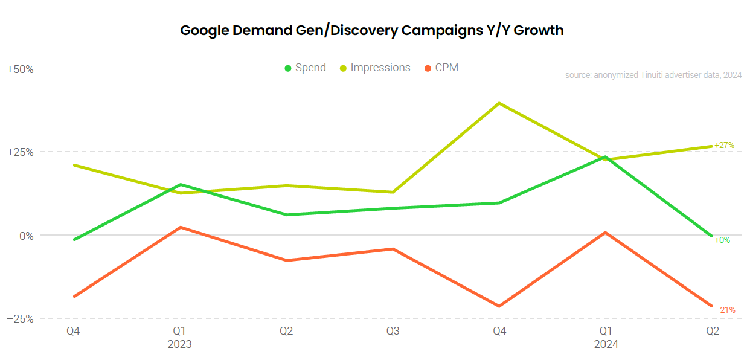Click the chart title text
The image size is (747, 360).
coord(372,31)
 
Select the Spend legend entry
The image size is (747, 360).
coord(306,68)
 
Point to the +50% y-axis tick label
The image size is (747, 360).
coord(20,69)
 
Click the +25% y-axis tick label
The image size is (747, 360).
coord(20,152)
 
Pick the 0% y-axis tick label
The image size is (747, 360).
coord(25,236)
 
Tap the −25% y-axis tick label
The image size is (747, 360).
coord(20,319)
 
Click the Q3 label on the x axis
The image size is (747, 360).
coord(393,331)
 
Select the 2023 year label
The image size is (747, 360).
coord(179,344)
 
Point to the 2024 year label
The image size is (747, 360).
coord(606,344)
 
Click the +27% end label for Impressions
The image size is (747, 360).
coord(724,146)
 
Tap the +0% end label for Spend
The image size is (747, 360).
coord(722,240)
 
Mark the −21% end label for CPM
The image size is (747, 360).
coord(725,310)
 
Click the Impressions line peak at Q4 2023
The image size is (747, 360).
coord(499,103)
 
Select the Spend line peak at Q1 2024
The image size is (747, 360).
coord(606,157)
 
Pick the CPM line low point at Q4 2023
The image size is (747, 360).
coord(499,306)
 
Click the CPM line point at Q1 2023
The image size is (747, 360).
coord(180,227)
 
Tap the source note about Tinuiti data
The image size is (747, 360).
coord(653,76)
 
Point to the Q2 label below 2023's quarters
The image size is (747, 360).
coord(286,331)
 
